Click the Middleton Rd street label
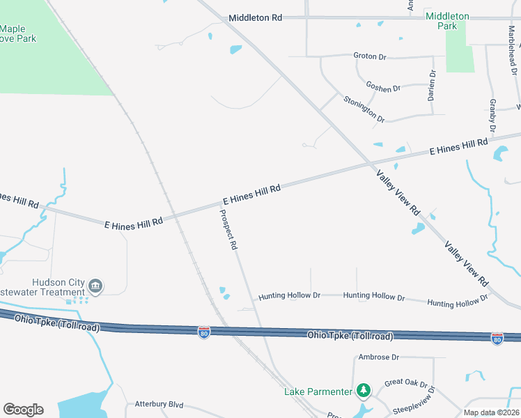click(255, 18)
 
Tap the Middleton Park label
click(447, 21)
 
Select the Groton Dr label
click(369, 56)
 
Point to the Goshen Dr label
click(383, 88)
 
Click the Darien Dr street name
click(432, 86)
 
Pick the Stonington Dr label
click(364, 109)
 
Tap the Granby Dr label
click(492, 116)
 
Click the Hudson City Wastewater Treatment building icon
click(96, 286)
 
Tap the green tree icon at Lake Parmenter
click(362, 390)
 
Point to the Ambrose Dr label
click(378, 357)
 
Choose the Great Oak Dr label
click(405, 382)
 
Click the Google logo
click(23, 410)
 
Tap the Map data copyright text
click(491, 412)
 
